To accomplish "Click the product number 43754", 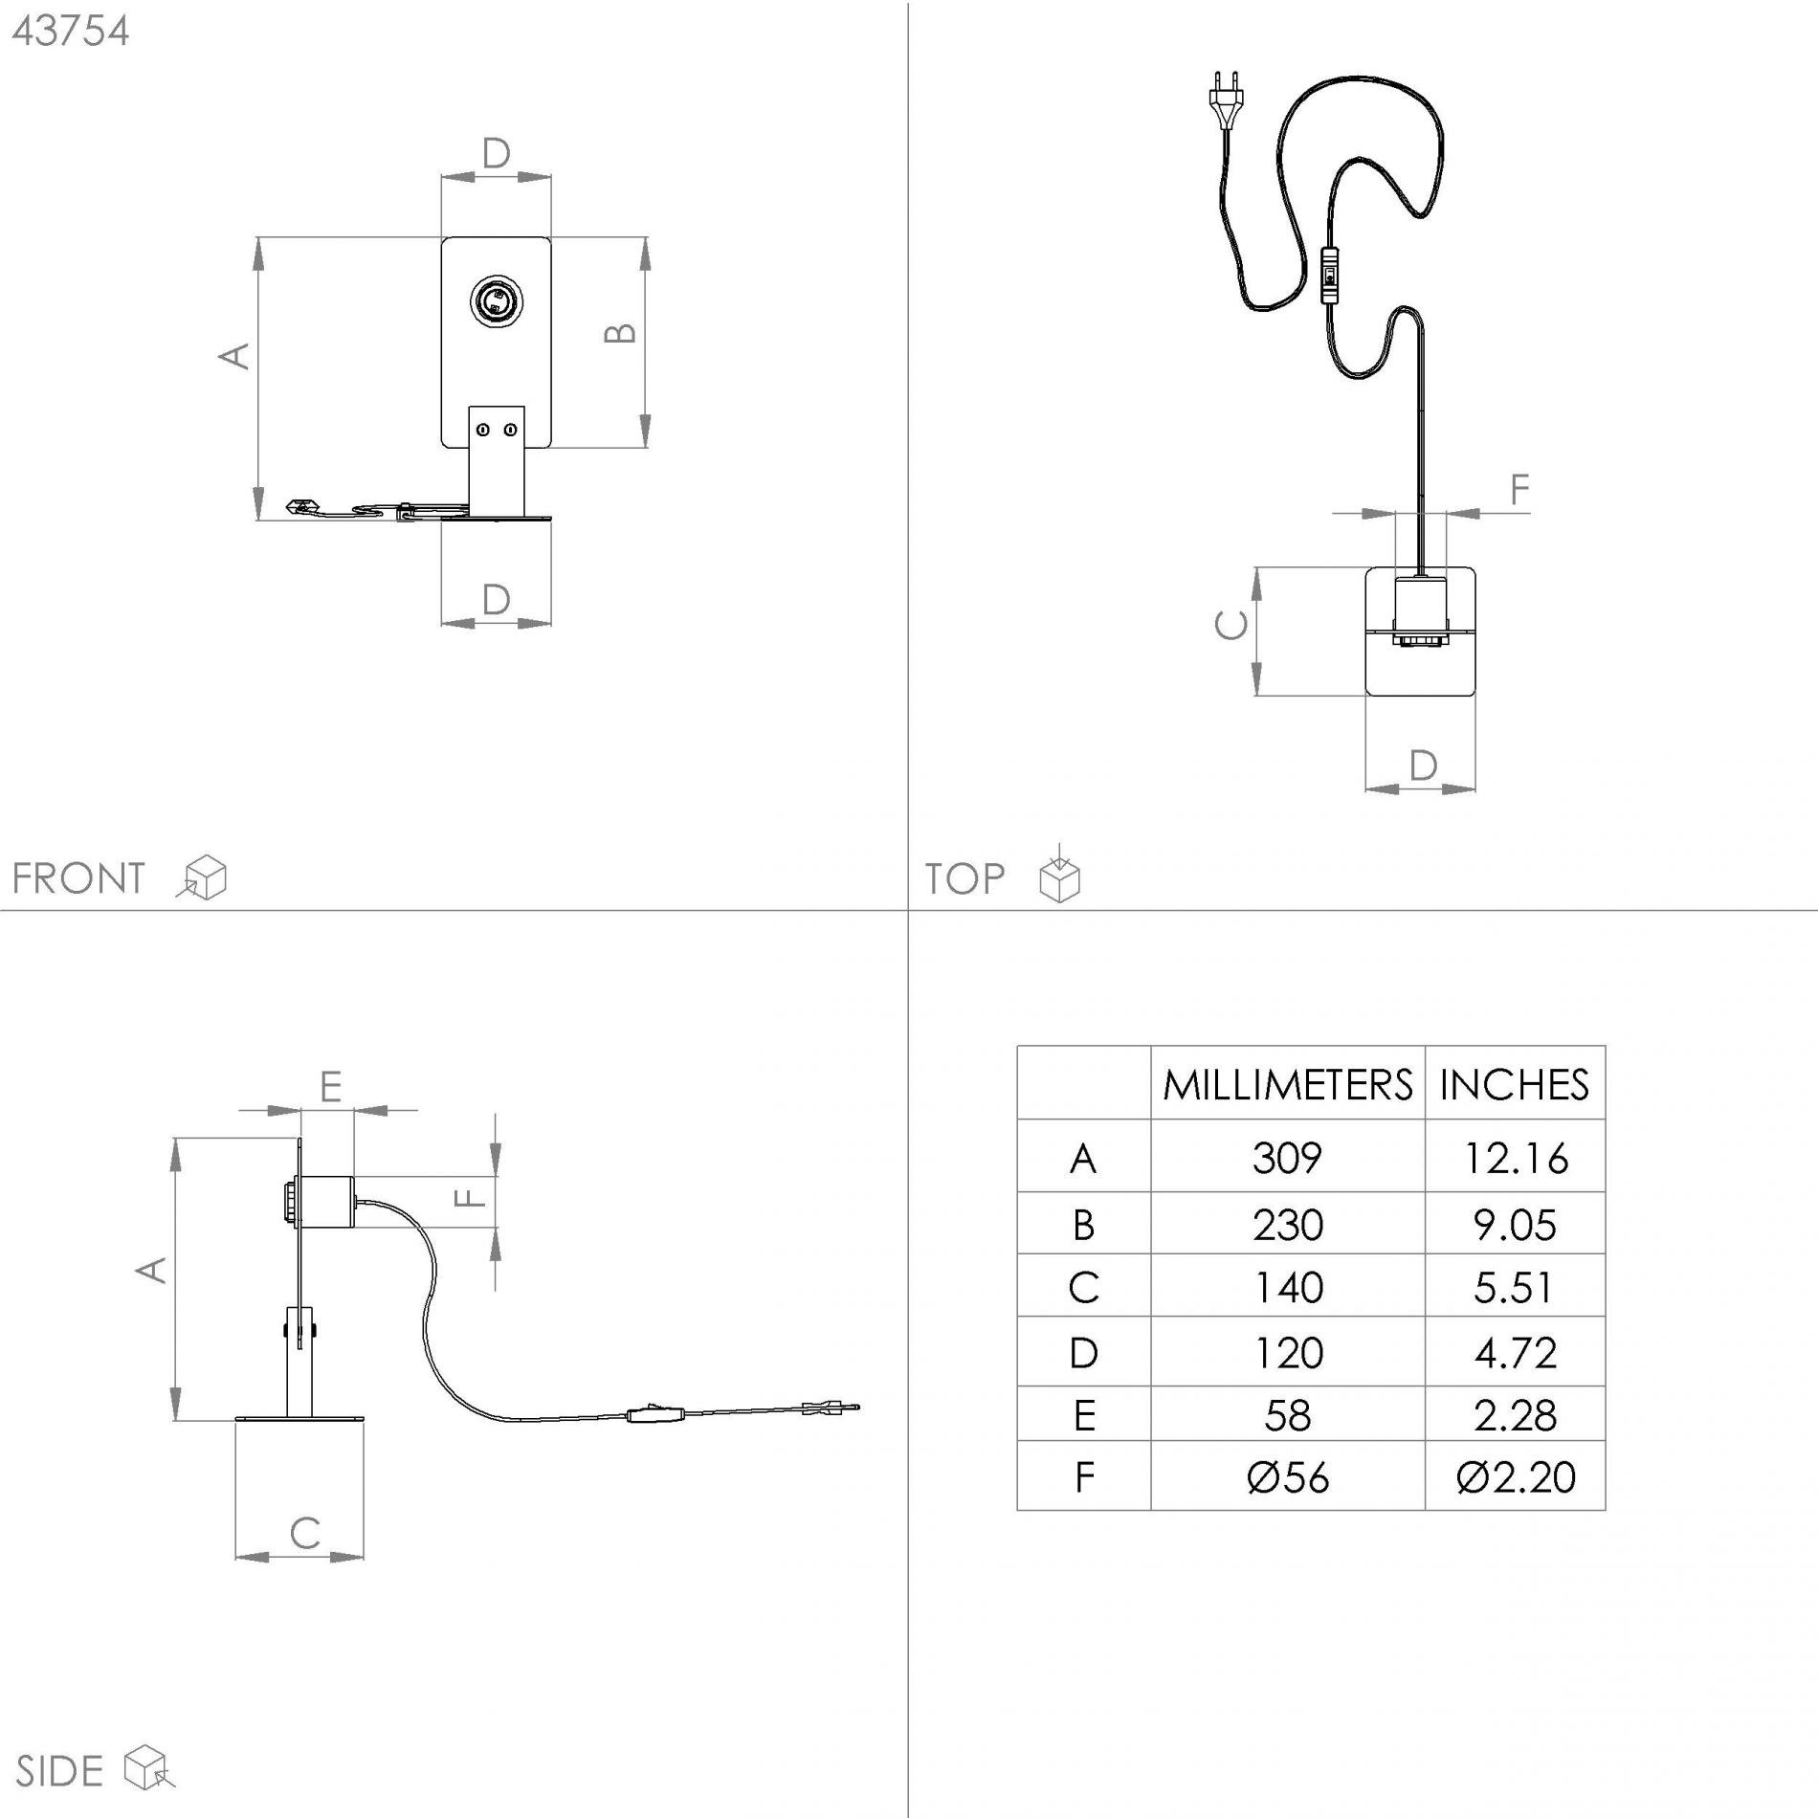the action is click(x=71, y=31).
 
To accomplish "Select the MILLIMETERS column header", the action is click(x=1287, y=1084).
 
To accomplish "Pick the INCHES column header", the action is click(x=1514, y=1084).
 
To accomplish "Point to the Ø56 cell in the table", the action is click(x=1287, y=1476).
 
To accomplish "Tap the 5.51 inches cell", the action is click(x=1516, y=1287).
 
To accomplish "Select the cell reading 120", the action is click(x=1287, y=1352).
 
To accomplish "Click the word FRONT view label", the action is click(x=78, y=878).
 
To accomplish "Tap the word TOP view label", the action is click(x=964, y=878).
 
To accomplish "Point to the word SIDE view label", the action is click(x=59, y=1771).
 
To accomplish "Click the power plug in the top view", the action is click(x=1226, y=98).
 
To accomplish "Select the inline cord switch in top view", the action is click(x=1329, y=275).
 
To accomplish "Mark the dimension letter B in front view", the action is click(x=621, y=332).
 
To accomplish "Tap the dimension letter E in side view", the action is click(x=330, y=1087).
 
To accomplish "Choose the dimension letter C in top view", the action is click(x=1230, y=625).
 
